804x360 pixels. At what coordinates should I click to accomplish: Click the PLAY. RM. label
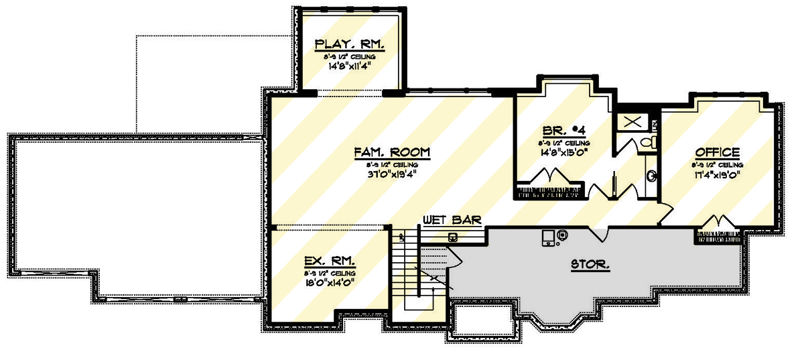tap(350, 45)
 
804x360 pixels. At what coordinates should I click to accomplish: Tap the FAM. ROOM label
tap(392, 152)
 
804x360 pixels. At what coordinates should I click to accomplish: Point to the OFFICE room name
tap(717, 152)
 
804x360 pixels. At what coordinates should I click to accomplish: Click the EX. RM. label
tap(329, 261)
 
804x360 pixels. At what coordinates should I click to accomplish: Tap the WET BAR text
tap(452, 220)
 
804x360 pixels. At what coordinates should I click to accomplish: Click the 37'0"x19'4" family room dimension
tap(392, 176)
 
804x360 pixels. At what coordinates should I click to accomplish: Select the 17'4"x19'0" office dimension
tap(718, 176)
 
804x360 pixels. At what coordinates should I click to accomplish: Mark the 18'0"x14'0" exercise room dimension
tap(329, 284)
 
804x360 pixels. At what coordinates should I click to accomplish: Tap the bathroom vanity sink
tap(651, 176)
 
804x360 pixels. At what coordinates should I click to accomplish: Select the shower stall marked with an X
tap(632, 121)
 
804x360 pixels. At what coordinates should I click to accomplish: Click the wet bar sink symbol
tap(454, 236)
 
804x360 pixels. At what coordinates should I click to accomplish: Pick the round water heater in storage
tap(561, 235)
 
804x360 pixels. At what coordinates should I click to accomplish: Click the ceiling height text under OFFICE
tap(718, 164)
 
